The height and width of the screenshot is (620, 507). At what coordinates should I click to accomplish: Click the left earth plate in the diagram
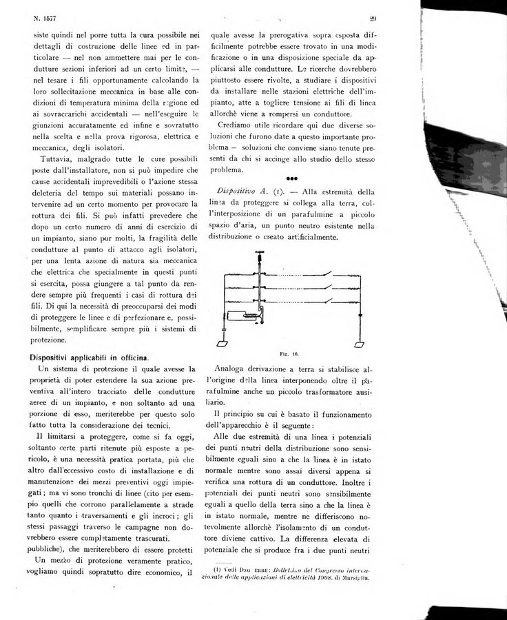tap(223, 343)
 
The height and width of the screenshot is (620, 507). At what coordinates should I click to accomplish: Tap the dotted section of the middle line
tap(293, 288)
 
